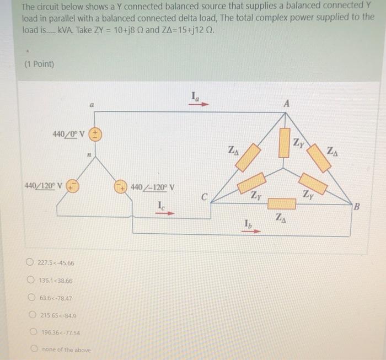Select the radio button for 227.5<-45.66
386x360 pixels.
click(33, 263)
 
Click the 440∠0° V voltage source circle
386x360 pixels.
click(95, 134)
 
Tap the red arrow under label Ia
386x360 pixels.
click(200, 103)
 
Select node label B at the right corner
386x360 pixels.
click(356, 207)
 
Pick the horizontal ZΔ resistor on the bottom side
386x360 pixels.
click(282, 205)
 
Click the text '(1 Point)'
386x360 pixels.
click(40, 64)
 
